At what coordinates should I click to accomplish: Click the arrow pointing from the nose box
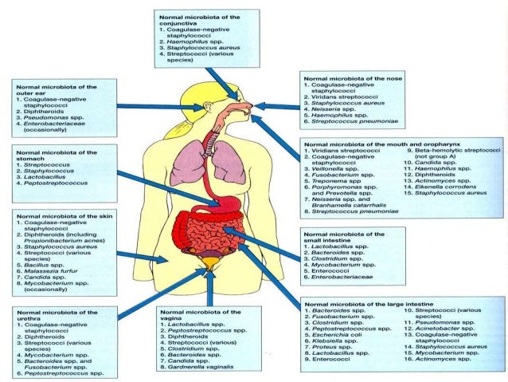(x=279, y=106)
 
